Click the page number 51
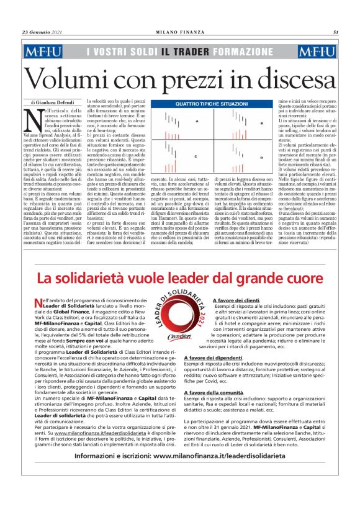(335, 33)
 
